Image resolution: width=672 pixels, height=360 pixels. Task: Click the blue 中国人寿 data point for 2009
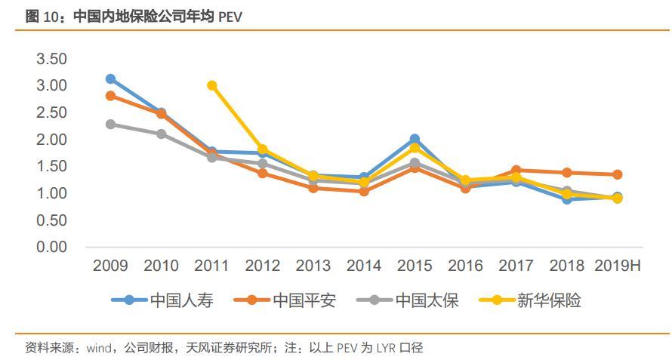[x=110, y=79]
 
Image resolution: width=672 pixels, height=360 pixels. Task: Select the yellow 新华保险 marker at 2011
[x=212, y=85]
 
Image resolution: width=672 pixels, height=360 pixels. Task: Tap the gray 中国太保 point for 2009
[x=110, y=124]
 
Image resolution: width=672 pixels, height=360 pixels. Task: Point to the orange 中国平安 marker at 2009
[x=110, y=96]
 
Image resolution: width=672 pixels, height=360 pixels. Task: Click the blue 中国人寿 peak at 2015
[x=415, y=139]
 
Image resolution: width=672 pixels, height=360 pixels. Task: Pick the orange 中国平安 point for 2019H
[x=617, y=174]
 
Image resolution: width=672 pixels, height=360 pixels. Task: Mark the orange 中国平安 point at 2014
[x=364, y=191]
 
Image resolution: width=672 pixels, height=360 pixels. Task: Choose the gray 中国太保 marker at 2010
[x=161, y=134]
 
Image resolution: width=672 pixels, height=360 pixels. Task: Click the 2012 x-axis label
[x=263, y=266]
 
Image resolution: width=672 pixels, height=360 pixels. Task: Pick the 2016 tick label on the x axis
[x=465, y=266]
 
